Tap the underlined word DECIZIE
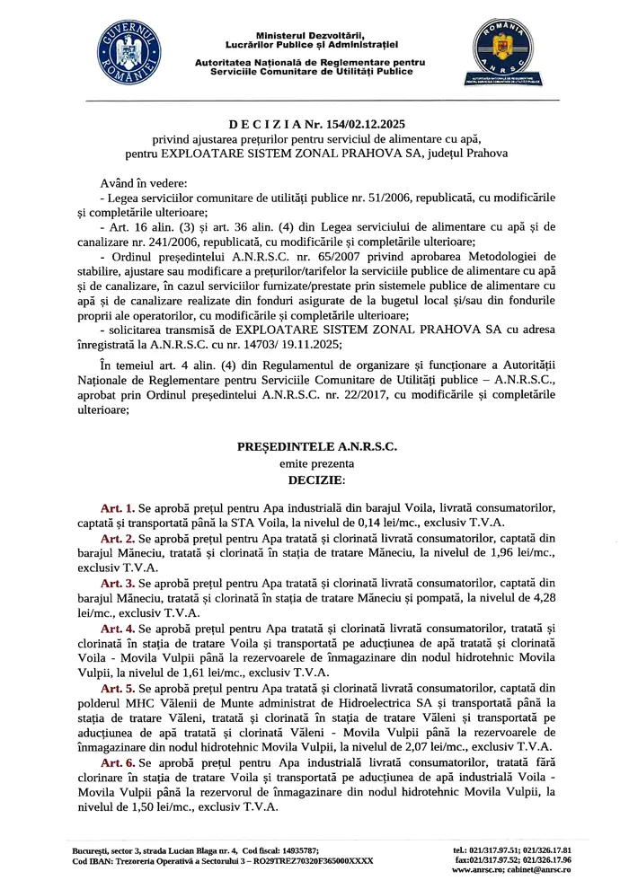point(314,480)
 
